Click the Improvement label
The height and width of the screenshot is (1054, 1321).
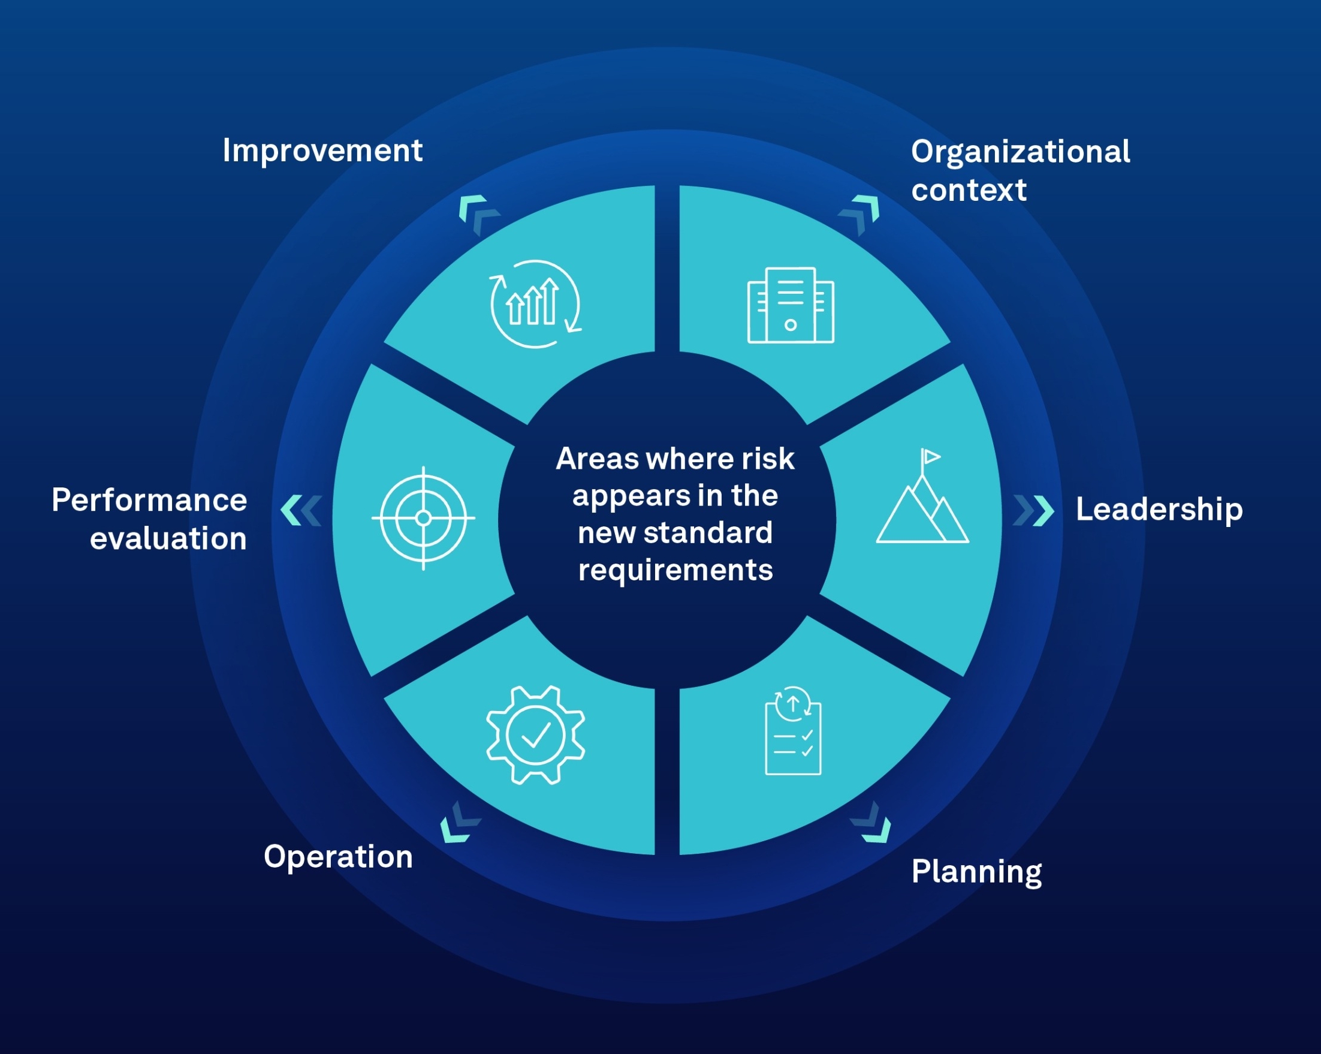point(322,150)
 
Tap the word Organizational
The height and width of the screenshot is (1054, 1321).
point(1020,152)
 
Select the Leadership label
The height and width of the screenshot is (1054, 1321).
point(1159,509)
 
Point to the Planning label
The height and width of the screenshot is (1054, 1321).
point(976,871)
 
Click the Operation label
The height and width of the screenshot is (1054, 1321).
point(338,856)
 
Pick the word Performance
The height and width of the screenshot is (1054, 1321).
point(149,500)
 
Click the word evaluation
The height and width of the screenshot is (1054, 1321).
point(168,538)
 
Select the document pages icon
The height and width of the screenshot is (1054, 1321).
point(791,305)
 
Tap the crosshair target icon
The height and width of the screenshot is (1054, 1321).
point(423,519)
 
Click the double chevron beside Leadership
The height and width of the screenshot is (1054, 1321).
point(1035,510)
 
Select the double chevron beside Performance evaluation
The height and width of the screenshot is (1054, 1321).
point(301,510)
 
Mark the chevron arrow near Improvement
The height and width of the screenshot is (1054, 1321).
point(478,214)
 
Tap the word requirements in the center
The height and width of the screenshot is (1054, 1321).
point(675,571)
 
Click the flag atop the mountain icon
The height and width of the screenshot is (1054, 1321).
point(930,456)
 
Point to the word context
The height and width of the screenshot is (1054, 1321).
point(969,191)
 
